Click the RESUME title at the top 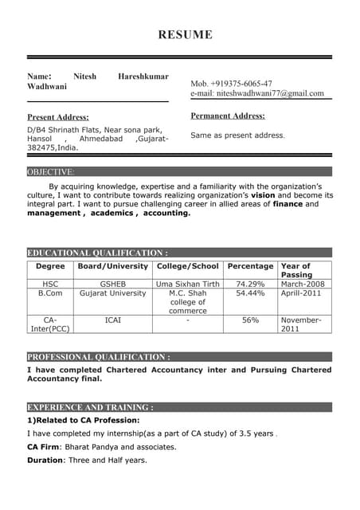[x=185, y=34]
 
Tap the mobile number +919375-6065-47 [x=231, y=83]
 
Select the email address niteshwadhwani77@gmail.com [x=257, y=93]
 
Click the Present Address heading [x=58, y=117]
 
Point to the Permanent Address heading [x=228, y=116]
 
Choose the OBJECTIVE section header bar [x=179, y=171]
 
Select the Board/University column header [x=112, y=266]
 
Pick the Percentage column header [x=250, y=266]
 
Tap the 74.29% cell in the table [x=250, y=284]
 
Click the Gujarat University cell [x=112, y=293]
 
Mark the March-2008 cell [x=303, y=284]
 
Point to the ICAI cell [x=112, y=320]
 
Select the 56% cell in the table [x=250, y=320]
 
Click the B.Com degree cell [x=50, y=293]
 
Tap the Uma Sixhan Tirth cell [x=187, y=284]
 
